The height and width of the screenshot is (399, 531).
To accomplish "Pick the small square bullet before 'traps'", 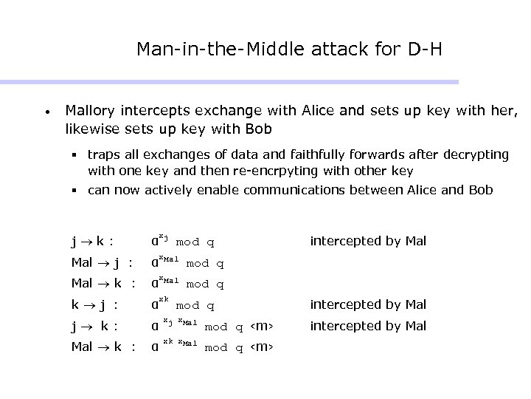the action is (x=74, y=156).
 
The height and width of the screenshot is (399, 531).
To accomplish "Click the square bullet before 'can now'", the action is (x=74, y=191).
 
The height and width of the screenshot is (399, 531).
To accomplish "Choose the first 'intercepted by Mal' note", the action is (x=368, y=241).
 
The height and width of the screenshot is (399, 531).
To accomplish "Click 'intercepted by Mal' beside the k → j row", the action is (x=368, y=304).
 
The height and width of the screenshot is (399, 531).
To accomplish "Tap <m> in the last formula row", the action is (x=262, y=347).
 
